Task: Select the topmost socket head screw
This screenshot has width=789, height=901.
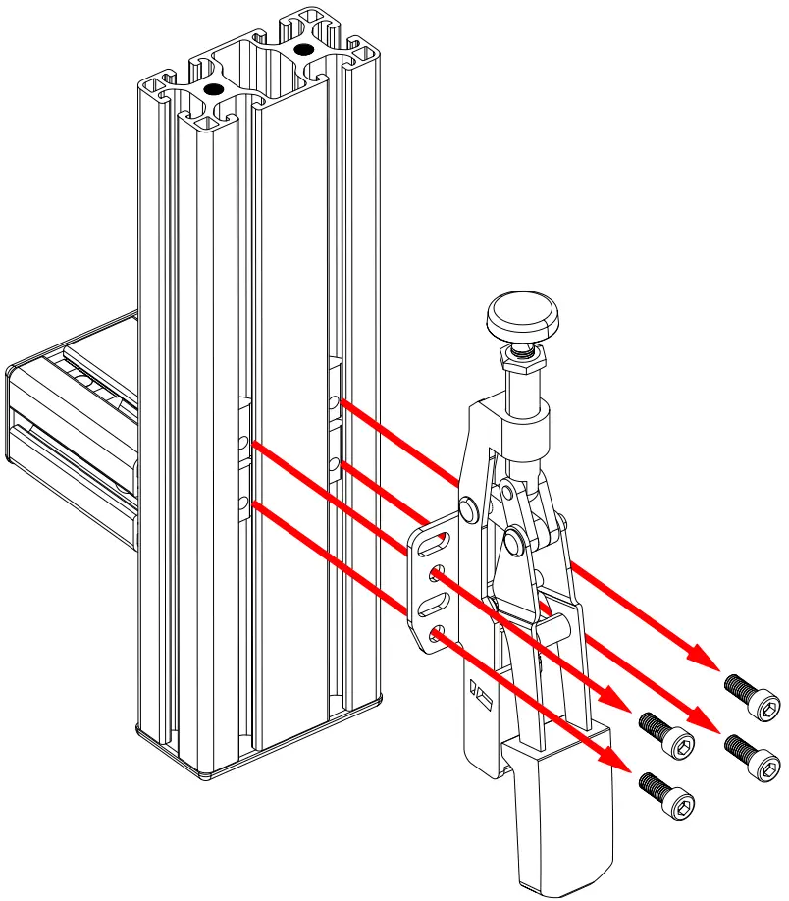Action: click(755, 695)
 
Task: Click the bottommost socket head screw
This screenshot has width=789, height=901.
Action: click(670, 795)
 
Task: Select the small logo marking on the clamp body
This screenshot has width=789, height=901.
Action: click(480, 694)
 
